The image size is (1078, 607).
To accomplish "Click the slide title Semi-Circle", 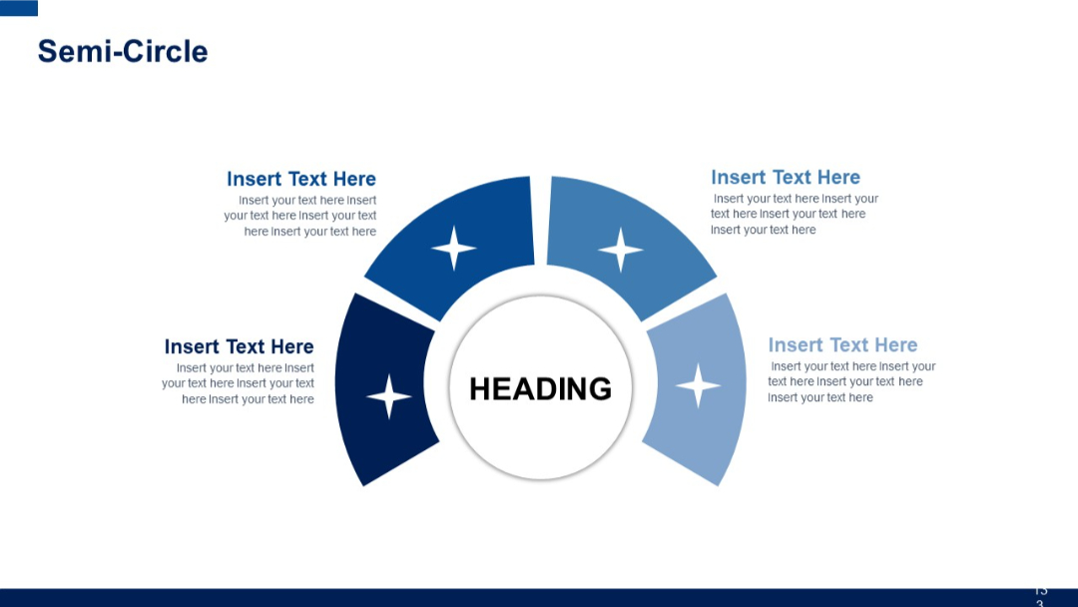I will coord(123,51).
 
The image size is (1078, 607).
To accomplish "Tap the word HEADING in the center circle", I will coord(540,388).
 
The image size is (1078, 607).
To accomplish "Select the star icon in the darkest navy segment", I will coord(389,396).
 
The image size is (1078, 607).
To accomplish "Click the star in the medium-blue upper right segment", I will coord(620,250).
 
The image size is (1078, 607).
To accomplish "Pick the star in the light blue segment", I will coord(698,385).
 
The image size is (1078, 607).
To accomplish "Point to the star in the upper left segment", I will coord(453,248).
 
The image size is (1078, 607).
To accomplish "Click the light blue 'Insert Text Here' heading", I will coord(842,345).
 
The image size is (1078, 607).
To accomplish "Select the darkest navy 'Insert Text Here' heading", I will coord(239,346).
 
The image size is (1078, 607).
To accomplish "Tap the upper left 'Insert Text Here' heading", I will coord(301,179).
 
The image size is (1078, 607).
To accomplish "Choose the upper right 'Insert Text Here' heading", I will coord(786,178).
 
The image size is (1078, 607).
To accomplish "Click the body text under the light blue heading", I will coord(850,382).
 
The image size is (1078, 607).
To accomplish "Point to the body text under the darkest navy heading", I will coord(240,383).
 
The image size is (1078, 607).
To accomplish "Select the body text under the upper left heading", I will coord(301,216).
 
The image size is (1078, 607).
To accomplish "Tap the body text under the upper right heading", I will coord(794,214).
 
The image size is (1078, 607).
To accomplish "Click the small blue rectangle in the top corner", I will coord(19,8).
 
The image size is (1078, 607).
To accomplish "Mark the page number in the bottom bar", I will coord(1040,596).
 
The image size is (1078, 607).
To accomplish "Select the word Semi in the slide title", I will coord(70,51).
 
